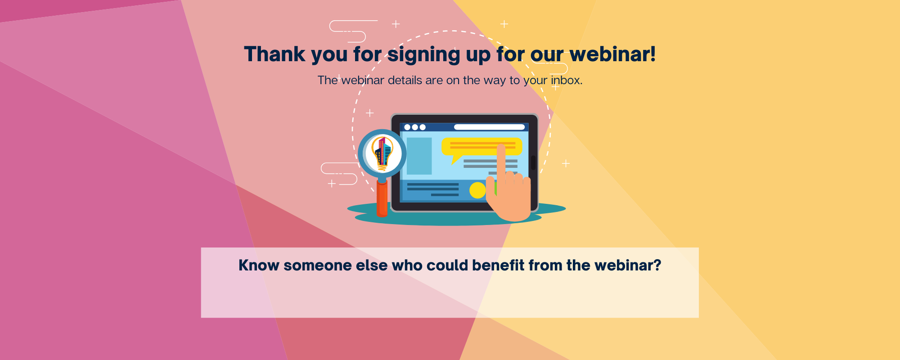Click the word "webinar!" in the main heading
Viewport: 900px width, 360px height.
click(613, 54)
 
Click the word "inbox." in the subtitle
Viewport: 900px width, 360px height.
click(567, 80)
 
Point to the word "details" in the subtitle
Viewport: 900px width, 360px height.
click(405, 80)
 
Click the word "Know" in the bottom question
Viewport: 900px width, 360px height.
click(259, 265)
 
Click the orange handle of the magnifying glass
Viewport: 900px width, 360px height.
click(382, 198)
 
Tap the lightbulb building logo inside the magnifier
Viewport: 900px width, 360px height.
click(382, 153)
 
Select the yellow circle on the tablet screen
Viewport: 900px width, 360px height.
click(477, 190)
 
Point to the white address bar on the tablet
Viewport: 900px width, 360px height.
click(490, 127)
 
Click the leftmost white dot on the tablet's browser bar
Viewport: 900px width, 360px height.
click(407, 127)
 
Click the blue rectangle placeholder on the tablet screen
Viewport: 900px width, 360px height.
click(419, 156)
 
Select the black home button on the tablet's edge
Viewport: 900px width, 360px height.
click(534, 163)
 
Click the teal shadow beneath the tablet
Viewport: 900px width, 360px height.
click(456, 215)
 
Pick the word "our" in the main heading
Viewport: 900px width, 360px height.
click(547, 55)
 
